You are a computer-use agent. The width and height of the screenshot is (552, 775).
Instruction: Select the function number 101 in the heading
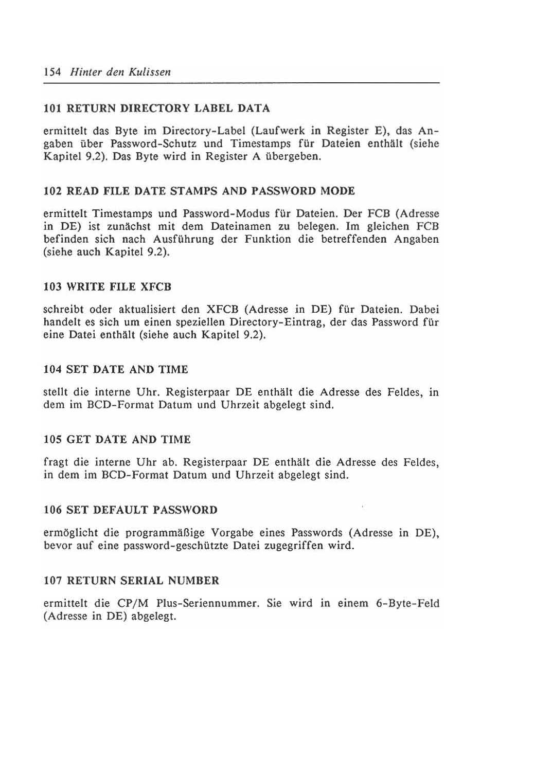(52, 109)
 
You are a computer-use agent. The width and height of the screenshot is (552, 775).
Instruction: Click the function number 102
(52, 191)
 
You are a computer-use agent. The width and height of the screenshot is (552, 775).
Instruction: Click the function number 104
(52, 369)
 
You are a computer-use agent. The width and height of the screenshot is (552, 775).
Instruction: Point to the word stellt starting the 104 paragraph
(56, 392)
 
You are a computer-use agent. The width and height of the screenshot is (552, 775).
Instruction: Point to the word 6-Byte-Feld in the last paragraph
(407, 603)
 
